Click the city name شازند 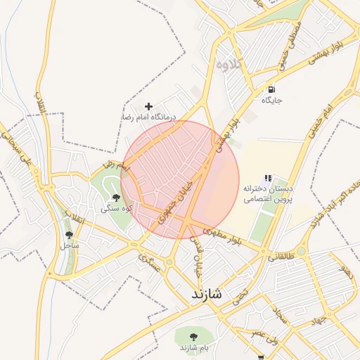pyautogui.click(x=205, y=294)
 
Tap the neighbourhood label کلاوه pyautogui.click(x=229, y=64)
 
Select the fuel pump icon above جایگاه pyautogui.click(x=271, y=90)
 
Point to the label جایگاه pyautogui.click(x=272, y=101)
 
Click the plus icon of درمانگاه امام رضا pyautogui.click(x=148, y=105)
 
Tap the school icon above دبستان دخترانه pyautogui.click(x=267, y=179)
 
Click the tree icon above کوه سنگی pyautogui.click(x=116, y=198)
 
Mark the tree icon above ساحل pyautogui.click(x=69, y=235)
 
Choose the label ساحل pyautogui.click(x=69, y=245)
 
